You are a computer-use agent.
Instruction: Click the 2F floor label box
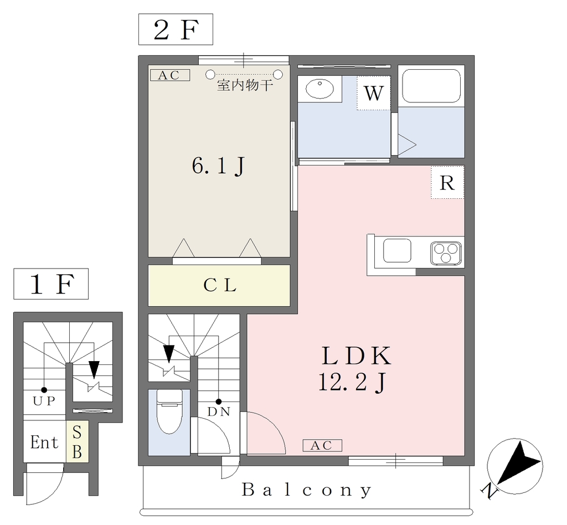pyautogui.click(x=176, y=29)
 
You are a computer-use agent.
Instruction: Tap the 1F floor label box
pyautogui.click(x=51, y=284)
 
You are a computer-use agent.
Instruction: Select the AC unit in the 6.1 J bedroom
pyautogui.click(x=170, y=75)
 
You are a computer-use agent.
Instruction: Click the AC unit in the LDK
pyautogui.click(x=322, y=445)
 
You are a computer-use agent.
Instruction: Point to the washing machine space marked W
pyautogui.click(x=374, y=93)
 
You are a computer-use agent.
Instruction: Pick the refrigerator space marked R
pyautogui.click(x=447, y=183)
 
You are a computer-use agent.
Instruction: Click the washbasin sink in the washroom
pyautogui.click(x=319, y=89)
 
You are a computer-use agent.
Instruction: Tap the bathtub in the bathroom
pyautogui.click(x=431, y=86)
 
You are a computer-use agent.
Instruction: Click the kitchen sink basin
pyautogui.click(x=397, y=250)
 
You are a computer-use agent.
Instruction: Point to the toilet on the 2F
pyautogui.click(x=169, y=411)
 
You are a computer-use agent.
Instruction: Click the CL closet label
pyautogui.click(x=220, y=285)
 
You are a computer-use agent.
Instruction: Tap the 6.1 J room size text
pyautogui.click(x=219, y=166)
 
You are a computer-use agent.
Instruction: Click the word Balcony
pyautogui.click(x=307, y=490)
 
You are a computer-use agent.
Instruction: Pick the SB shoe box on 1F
pyautogui.click(x=77, y=441)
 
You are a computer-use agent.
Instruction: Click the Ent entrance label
pyautogui.click(x=44, y=442)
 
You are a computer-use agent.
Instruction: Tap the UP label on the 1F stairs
pyautogui.click(x=44, y=401)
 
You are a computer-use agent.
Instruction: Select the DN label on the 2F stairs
pyautogui.click(x=219, y=412)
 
